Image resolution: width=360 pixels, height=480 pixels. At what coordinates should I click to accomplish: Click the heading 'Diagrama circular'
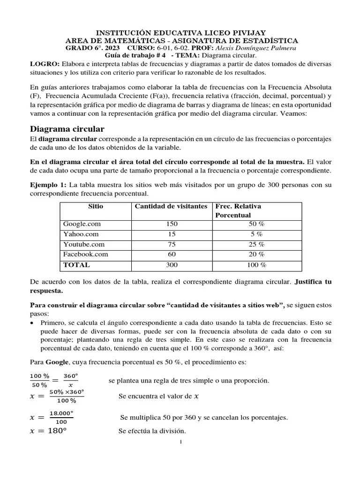(67, 129)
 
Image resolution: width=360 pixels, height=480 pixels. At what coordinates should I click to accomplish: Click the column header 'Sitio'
(96, 207)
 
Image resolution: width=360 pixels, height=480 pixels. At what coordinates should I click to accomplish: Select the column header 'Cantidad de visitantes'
(171, 207)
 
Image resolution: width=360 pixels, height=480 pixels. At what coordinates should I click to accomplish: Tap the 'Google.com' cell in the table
(82, 225)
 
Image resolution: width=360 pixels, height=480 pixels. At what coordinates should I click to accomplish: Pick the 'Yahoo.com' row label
(81, 234)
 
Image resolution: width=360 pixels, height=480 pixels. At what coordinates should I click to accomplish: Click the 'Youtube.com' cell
(84, 244)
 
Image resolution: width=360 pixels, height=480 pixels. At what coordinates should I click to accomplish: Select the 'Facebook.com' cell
(85, 255)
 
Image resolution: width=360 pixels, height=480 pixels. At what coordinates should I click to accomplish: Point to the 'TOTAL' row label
(76, 265)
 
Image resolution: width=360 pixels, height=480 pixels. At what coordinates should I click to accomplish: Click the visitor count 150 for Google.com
(172, 225)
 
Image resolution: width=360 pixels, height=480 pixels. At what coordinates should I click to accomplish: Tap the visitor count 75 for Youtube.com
(172, 244)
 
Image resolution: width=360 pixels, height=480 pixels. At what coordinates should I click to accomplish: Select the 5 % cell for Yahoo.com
(256, 234)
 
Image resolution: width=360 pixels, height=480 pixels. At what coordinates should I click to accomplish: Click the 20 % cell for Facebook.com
(256, 255)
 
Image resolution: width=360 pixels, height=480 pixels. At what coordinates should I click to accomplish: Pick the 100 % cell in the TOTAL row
(256, 265)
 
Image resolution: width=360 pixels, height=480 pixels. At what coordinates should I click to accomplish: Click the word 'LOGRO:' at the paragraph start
(45, 64)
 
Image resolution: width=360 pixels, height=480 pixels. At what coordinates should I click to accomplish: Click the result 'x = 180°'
(48, 431)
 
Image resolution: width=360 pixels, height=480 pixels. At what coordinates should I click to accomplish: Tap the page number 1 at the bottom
(180, 442)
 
